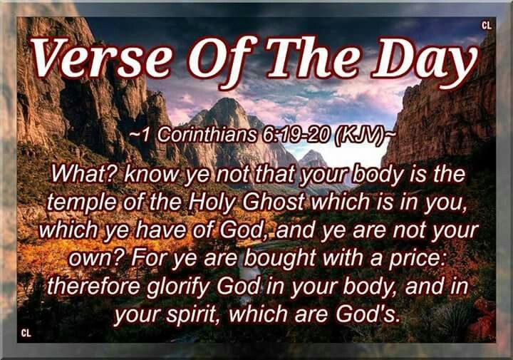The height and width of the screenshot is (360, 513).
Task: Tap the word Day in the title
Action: (x=425, y=62)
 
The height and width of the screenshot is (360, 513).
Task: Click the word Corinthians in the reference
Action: (x=207, y=135)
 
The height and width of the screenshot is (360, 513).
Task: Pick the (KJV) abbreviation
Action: (x=358, y=135)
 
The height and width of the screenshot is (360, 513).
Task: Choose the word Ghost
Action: (x=274, y=202)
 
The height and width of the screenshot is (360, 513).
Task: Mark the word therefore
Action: (x=93, y=287)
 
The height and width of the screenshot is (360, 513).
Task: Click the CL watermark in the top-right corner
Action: (x=487, y=26)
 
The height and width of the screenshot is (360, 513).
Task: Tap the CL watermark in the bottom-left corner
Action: (x=26, y=333)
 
